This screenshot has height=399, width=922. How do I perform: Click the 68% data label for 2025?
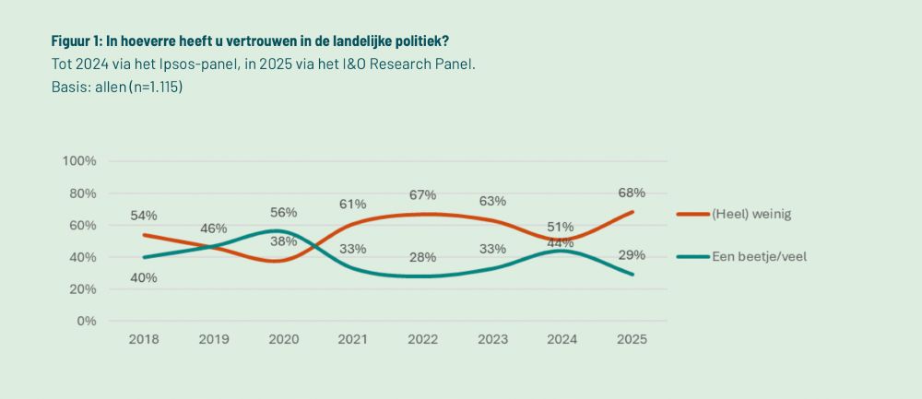(x=632, y=193)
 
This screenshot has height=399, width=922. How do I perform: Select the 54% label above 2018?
(x=144, y=216)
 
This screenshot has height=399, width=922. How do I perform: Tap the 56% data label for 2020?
(x=283, y=209)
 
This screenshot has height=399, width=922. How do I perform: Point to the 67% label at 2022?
(x=422, y=194)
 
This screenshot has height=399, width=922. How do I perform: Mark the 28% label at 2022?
(x=422, y=257)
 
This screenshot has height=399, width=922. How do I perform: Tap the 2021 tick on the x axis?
(x=352, y=339)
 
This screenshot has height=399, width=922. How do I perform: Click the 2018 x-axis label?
(x=144, y=339)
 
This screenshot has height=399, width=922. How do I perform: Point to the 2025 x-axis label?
(x=632, y=339)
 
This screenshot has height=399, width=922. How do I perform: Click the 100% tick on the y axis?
(x=79, y=161)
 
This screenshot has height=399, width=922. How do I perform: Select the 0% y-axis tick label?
(x=86, y=321)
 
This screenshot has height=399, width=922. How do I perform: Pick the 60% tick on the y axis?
(x=82, y=225)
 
